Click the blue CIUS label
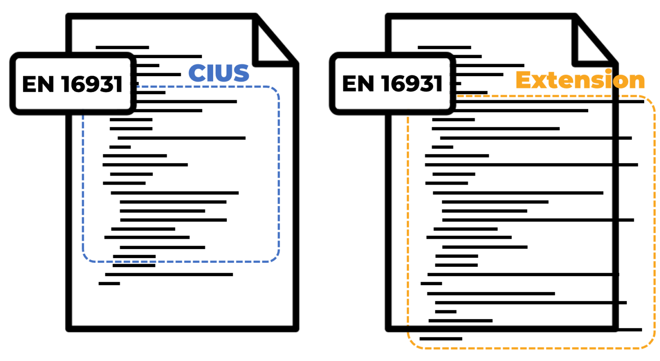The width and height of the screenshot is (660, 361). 219,74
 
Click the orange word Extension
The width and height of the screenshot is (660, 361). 580,80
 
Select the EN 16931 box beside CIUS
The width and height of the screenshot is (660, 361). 73,83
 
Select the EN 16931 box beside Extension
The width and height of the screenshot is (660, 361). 392,83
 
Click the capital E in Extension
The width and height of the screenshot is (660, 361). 524,80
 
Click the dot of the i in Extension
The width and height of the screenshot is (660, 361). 608,71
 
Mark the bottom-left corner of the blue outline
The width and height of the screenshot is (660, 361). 86,258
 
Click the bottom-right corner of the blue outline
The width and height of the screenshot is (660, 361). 276,258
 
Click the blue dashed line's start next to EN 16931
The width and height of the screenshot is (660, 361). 138,86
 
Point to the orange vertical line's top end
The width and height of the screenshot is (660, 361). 407,117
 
